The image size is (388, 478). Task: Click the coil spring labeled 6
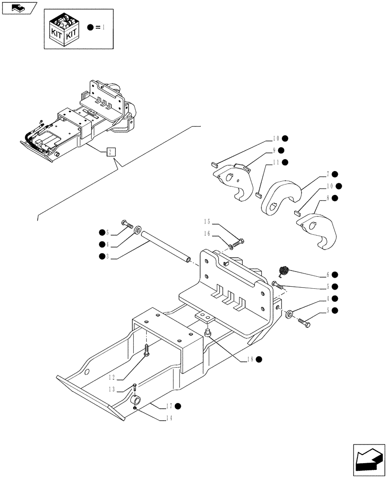pyautogui.click(x=283, y=271)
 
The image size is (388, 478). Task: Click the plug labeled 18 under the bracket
pyautogui.click(x=208, y=332)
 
